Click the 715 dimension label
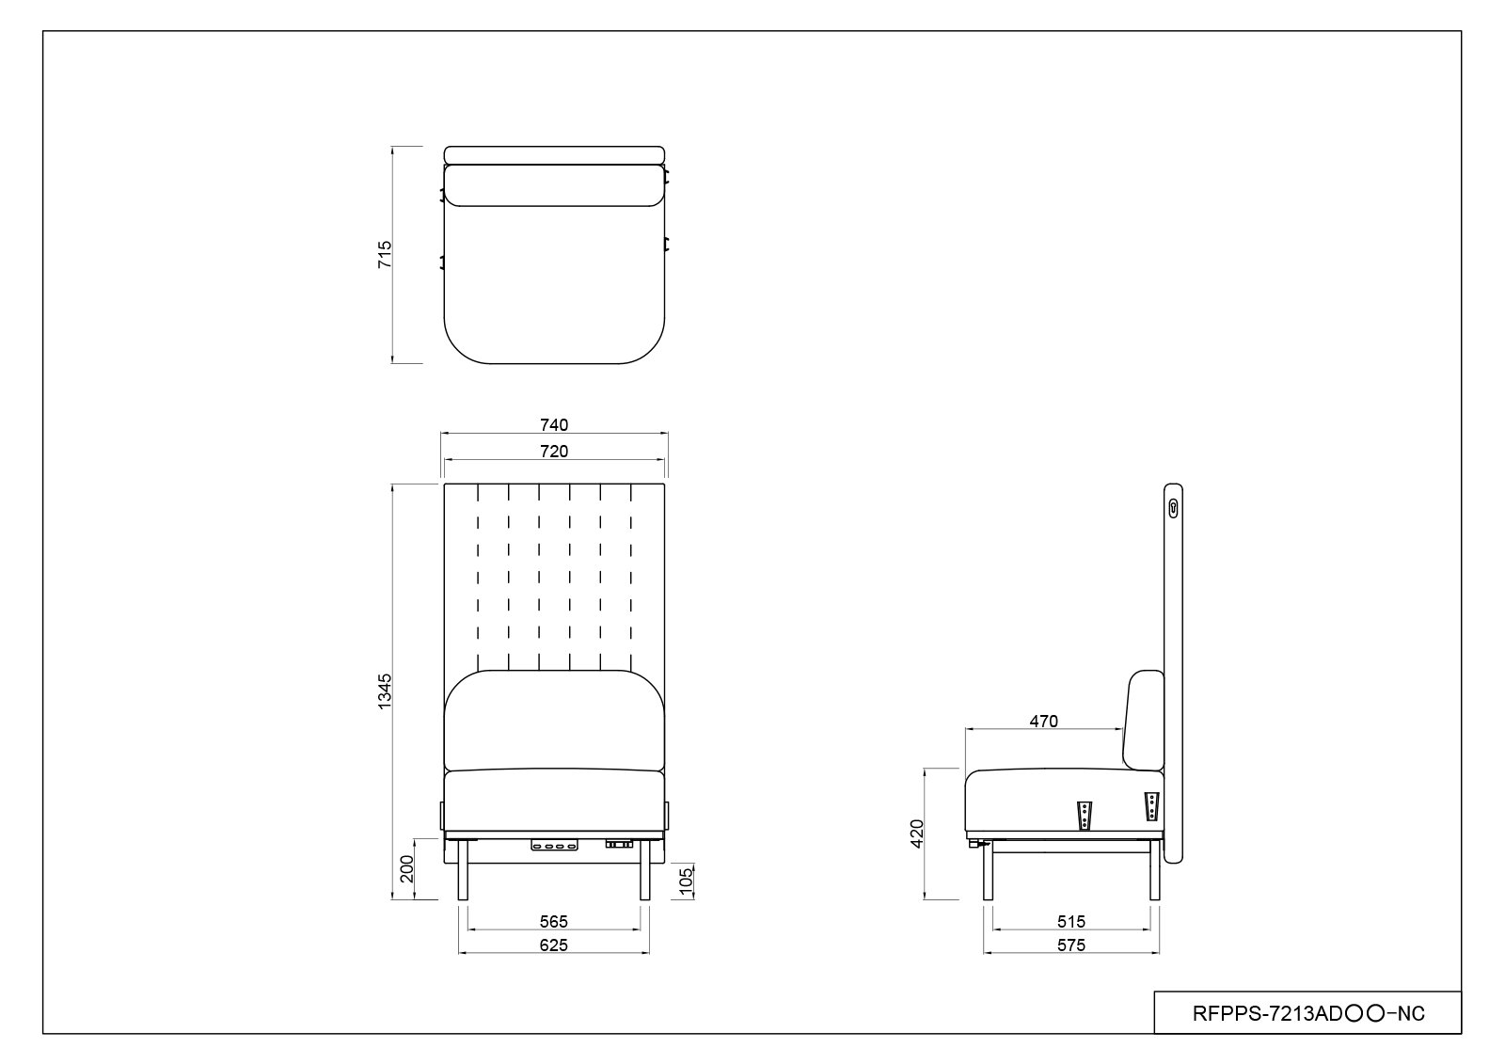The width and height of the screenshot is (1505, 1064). pyautogui.click(x=385, y=255)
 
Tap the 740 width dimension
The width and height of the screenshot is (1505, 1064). pyautogui.click(x=554, y=425)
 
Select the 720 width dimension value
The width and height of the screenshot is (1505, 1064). pyautogui.click(x=554, y=451)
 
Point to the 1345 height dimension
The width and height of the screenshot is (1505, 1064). pyautogui.click(x=385, y=691)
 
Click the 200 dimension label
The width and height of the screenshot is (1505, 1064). pyautogui.click(x=406, y=869)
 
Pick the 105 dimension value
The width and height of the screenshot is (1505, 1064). pyautogui.click(x=686, y=881)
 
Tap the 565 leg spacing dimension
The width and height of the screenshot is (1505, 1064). pyautogui.click(x=554, y=921)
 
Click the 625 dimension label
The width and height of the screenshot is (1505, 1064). pyautogui.click(x=554, y=945)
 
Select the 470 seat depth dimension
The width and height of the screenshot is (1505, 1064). pyautogui.click(x=1043, y=722)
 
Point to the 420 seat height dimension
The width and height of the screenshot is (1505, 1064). pyautogui.click(x=917, y=834)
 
